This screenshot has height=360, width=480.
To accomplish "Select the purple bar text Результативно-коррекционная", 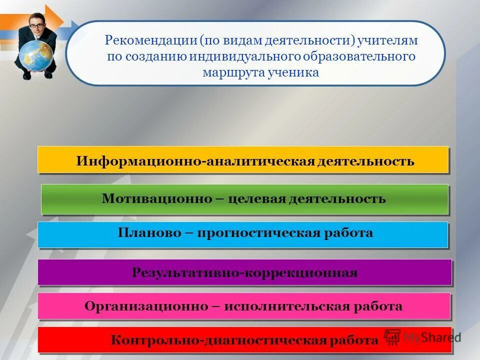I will click(244, 272).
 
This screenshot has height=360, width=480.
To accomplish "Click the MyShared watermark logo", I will click(422, 336).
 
